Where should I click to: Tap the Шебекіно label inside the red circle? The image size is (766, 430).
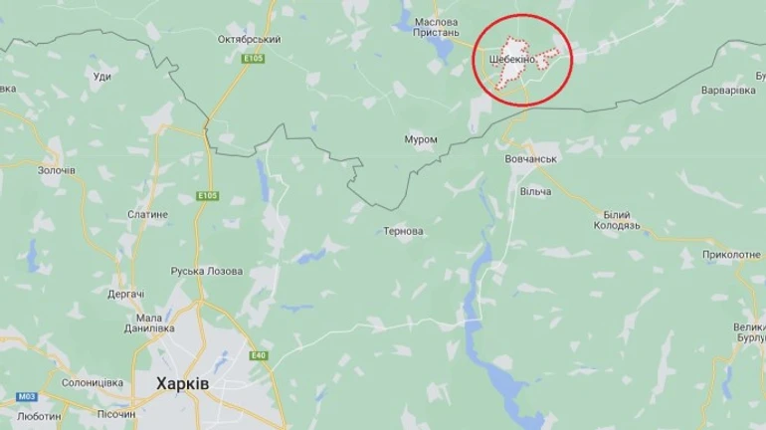tap(512, 60)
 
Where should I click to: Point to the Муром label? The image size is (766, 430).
tap(421, 139)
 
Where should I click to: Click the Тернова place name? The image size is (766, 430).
tap(403, 231)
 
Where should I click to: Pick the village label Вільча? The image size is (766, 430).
tap(535, 190)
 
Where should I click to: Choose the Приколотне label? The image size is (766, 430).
tap(730, 255)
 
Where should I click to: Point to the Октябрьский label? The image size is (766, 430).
tap(249, 40)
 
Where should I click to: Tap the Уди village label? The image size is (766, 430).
tap(100, 77)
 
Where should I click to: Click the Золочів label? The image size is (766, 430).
tap(57, 170)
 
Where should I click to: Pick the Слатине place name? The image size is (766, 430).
tap(146, 214)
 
